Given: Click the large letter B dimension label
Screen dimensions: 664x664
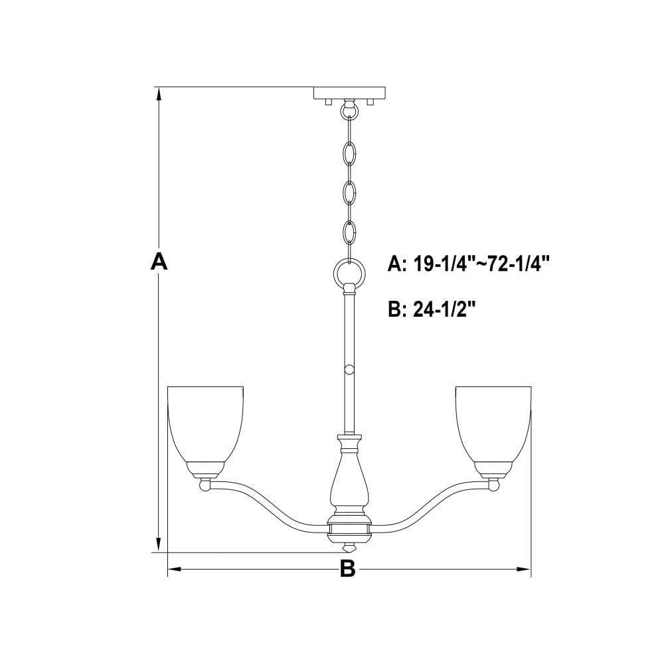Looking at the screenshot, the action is pyautogui.click(x=347, y=569).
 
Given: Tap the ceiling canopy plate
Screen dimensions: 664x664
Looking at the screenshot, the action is pyautogui.click(x=349, y=93).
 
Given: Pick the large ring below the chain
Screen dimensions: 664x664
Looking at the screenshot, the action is pyautogui.click(x=349, y=274).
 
